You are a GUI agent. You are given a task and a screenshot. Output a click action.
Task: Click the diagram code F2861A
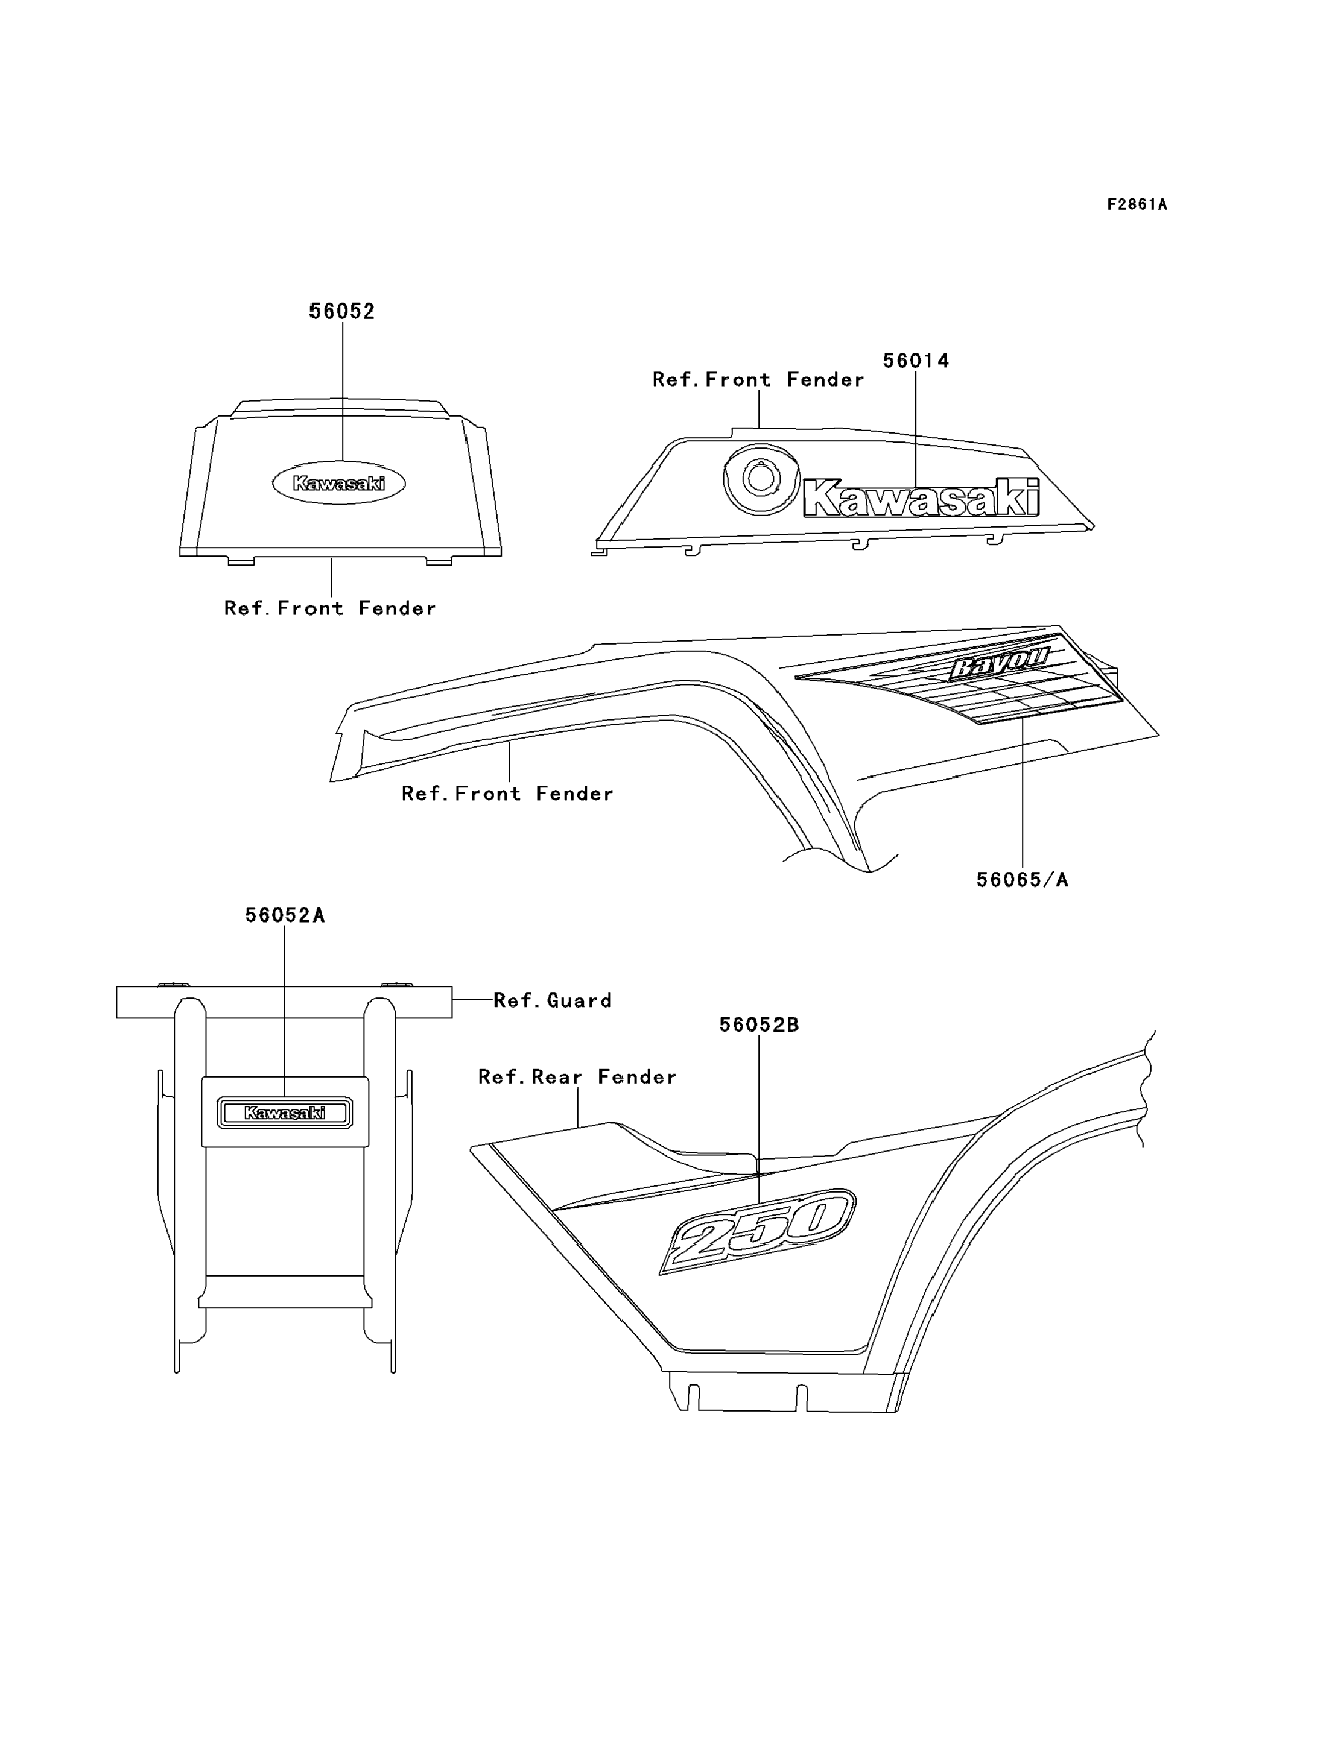point(1137,204)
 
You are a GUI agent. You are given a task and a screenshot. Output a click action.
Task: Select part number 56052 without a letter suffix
point(341,312)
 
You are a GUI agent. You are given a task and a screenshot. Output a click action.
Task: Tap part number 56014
point(916,361)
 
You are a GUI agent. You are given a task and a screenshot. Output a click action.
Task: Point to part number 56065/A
point(1022,880)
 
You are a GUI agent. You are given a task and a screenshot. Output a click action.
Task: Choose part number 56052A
point(285,915)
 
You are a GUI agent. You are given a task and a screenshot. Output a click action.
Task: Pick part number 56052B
point(759,1024)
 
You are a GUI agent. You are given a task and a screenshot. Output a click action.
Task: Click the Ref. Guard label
point(553,1001)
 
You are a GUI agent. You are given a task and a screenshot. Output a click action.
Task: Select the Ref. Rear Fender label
point(577,1077)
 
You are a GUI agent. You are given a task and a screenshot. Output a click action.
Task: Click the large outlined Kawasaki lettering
point(921,497)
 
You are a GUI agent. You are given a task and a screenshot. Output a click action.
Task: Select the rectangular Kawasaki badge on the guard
point(285,1112)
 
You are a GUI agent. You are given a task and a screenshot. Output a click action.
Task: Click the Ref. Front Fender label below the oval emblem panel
point(330,608)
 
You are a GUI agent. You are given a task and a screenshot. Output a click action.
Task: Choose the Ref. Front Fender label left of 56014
point(758,380)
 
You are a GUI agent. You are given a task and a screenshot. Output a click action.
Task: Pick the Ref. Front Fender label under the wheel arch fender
point(507,794)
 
